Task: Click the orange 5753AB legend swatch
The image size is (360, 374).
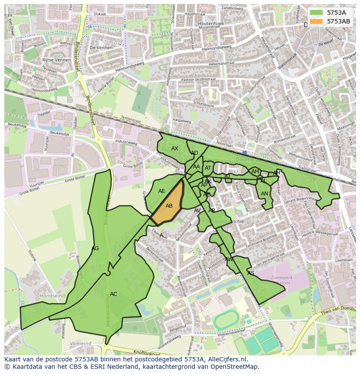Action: tap(317, 21)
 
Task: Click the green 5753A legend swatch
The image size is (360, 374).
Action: tap(317, 13)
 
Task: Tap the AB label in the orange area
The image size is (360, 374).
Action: tap(169, 206)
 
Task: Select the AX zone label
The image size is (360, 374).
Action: tap(175, 149)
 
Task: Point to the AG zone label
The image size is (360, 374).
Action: tap(95, 248)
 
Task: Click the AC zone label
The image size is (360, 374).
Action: tap(113, 294)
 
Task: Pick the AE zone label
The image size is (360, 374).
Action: tap(162, 191)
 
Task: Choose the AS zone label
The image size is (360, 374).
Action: tap(251, 273)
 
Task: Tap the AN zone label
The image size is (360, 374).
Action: tap(264, 194)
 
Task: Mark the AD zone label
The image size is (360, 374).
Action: tap(194, 153)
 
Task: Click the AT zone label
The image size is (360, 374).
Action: tap(208, 169)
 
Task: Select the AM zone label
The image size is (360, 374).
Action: tap(255, 172)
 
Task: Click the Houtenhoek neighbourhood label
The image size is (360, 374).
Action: tap(211, 23)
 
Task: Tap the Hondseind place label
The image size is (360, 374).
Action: tap(52, 296)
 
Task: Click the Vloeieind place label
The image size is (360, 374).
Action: tap(81, 344)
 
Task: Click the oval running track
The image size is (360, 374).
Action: tap(226, 320)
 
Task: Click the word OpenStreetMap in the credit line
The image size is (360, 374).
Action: tap(235, 367)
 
